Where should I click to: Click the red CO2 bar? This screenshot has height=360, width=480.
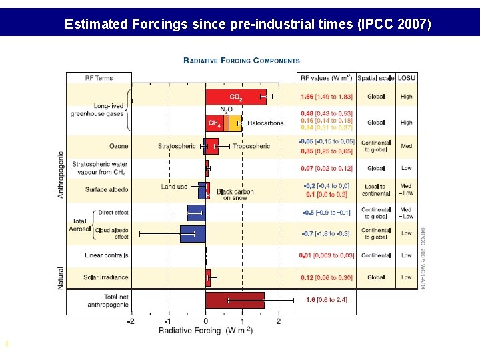[235, 97]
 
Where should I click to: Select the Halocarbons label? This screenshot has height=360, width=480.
[265, 123]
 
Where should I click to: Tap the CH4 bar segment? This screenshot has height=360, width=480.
[214, 123]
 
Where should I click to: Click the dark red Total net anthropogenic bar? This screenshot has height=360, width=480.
[235, 300]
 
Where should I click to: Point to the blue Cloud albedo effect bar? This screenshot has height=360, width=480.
[193, 233]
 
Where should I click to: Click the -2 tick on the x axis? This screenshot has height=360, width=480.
[131, 321]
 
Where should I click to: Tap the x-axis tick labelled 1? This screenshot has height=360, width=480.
[243, 321]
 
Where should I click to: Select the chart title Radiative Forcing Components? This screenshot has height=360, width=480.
[241, 61]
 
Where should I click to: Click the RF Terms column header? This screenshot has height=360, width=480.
[99, 78]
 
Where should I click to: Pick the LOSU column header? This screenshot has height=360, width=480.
[405, 78]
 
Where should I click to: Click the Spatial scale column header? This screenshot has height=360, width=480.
[376, 78]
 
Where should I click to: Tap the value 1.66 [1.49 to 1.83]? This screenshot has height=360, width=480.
[326, 97]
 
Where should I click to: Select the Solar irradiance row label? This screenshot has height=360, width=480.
[106, 277]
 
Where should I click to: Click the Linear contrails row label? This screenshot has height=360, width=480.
[106, 255]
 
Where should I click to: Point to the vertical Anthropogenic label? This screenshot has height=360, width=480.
[61, 173]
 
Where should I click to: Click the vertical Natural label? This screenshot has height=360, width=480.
[61, 277]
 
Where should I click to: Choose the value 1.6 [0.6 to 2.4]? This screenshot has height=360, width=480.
[326, 300]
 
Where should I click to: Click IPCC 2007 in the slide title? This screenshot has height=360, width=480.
[394, 25]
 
